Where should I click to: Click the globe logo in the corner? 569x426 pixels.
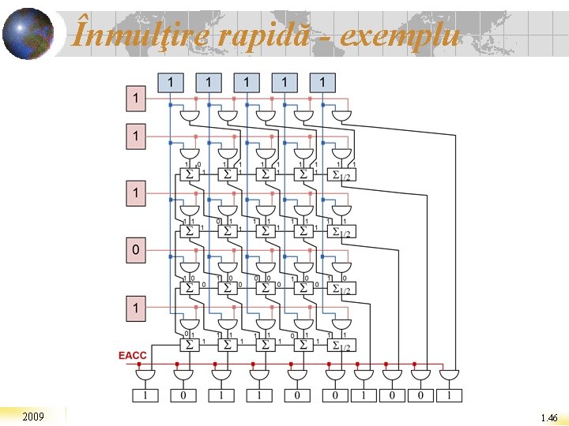tap(28, 34)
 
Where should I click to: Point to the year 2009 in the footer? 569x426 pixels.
tap(33, 416)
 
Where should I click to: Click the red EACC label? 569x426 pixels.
tap(133, 356)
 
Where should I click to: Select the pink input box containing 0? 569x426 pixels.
tap(137, 251)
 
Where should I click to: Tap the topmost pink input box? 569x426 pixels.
tap(137, 99)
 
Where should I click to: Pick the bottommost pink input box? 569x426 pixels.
tap(137, 308)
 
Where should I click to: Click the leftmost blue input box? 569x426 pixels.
tap(171, 81)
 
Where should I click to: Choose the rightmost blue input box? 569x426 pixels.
tap(322, 81)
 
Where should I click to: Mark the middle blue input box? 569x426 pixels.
tap(247, 81)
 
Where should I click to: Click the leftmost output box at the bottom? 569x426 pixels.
tap(145, 394)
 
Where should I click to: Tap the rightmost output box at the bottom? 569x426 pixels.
tap(449, 394)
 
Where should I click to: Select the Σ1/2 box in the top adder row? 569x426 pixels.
tap(341, 174)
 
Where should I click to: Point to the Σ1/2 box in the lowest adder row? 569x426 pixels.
tap(341, 345)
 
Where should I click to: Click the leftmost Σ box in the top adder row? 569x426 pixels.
tap(189, 174)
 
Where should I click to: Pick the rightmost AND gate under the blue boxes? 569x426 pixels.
tap(341, 117)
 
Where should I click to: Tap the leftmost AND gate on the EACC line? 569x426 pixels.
tap(145, 375)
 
